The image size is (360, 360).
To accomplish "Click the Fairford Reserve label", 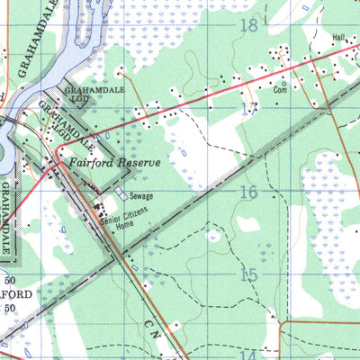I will (x=114, y=163).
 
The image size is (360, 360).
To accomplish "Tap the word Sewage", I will (x=139, y=195).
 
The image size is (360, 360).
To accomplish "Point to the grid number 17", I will (x=248, y=109).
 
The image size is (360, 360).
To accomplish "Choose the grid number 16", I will (x=249, y=192).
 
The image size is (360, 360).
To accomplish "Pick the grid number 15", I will (x=249, y=275).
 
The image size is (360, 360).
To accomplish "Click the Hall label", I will (x=338, y=38).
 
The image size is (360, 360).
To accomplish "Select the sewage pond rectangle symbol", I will (x=121, y=194).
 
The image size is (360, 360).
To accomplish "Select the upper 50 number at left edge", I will (x=9, y=281).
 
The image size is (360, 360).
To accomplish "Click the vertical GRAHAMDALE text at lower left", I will (x=9, y=216).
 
